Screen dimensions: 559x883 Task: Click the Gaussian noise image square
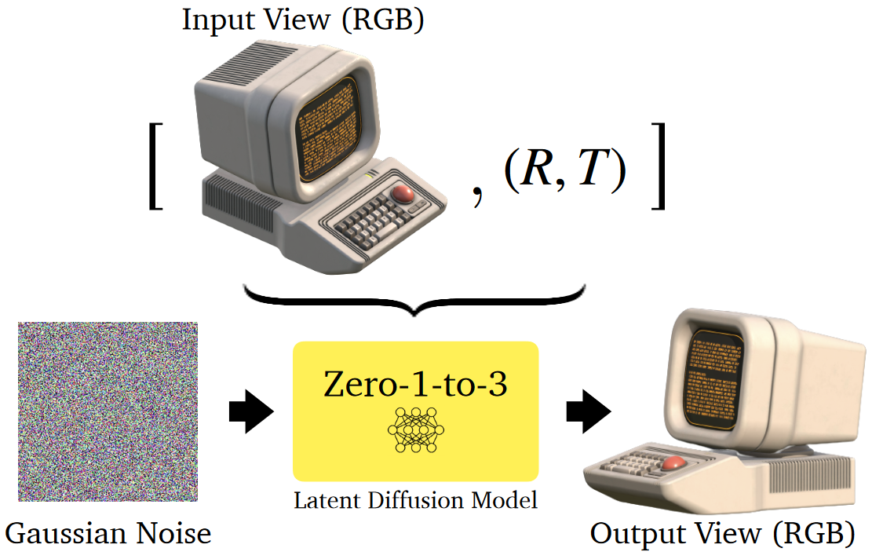pyautogui.click(x=108, y=411)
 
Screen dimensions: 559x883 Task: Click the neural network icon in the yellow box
pyautogui.click(x=415, y=430)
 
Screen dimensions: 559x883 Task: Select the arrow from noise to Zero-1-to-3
pyautogui.click(x=250, y=411)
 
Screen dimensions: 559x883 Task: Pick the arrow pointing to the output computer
pyautogui.click(x=589, y=411)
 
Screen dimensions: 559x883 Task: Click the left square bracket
pyautogui.click(x=155, y=166)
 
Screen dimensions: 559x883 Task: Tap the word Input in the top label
pyautogui.click(x=211, y=20)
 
